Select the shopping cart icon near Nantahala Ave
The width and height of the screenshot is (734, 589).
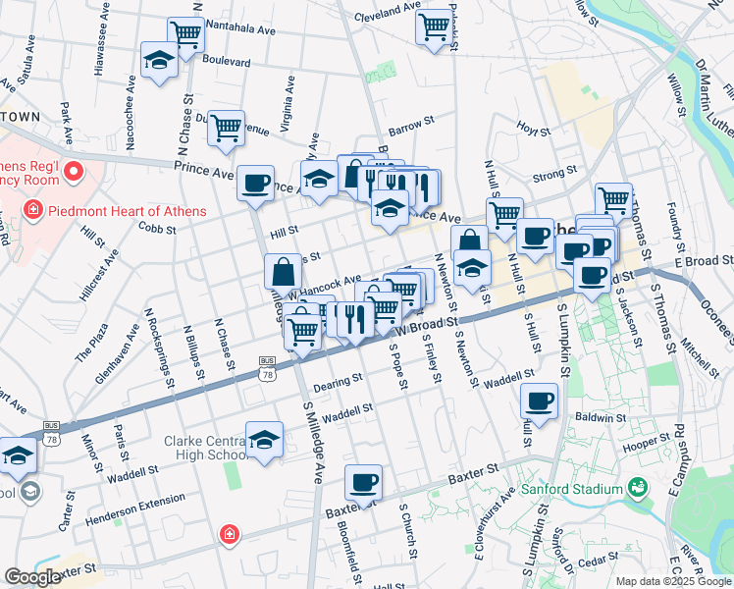click(185, 33)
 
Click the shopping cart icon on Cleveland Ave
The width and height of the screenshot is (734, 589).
click(433, 26)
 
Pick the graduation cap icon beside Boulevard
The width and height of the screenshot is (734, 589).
click(159, 60)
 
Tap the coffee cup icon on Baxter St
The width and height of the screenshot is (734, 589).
click(363, 482)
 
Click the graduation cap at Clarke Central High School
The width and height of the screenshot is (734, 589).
click(264, 439)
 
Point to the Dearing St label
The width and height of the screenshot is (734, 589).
click(339, 377)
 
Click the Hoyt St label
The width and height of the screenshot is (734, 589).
click(535, 128)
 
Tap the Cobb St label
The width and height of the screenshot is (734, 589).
click(157, 230)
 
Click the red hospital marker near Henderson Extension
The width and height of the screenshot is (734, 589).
click(229, 534)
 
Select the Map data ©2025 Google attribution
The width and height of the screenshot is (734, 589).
click(673, 581)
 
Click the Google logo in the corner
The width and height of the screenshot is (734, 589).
click(33, 577)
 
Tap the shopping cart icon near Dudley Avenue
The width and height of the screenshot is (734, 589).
click(226, 127)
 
